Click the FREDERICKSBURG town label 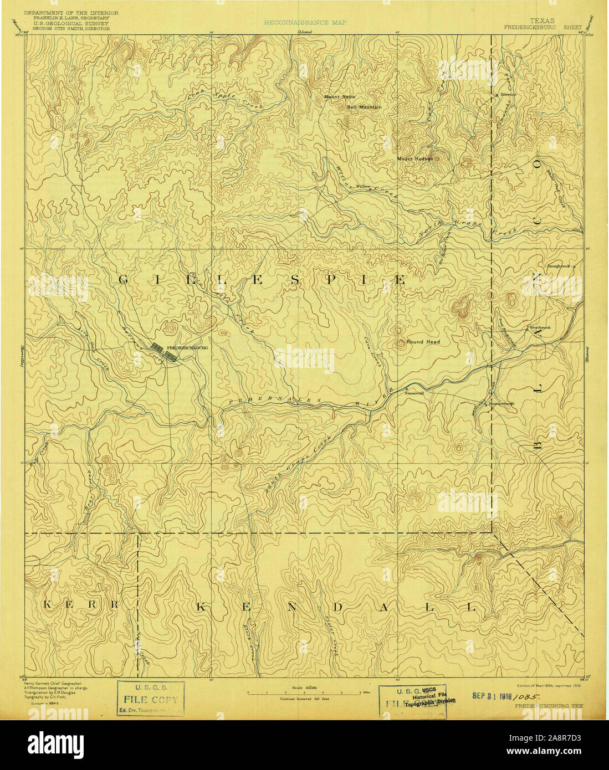coord(187,347)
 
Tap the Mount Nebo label coord(336,97)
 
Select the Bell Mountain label coord(364,107)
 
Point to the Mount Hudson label coord(415,158)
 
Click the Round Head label coord(423,342)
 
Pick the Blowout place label coord(508,95)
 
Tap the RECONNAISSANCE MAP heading coord(305,23)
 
